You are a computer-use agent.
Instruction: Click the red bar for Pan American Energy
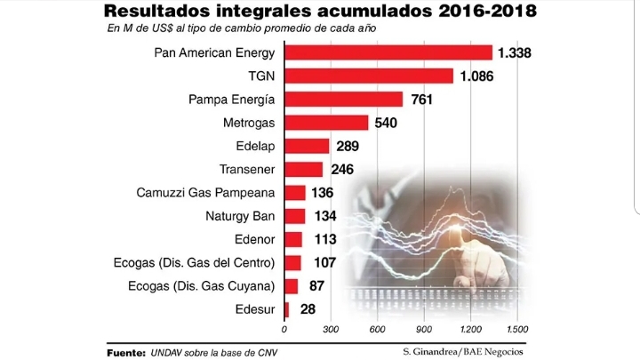(388, 52)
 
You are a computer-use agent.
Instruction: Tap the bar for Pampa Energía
(343, 99)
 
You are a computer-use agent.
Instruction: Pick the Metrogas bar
(325, 123)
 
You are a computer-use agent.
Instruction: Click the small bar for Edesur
(286, 308)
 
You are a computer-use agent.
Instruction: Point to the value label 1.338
(515, 53)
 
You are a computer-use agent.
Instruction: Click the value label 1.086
(476, 76)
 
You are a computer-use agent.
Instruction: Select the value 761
(422, 100)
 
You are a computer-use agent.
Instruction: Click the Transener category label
(246, 169)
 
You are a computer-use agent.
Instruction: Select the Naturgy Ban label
(241, 215)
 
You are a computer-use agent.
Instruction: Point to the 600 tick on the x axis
(377, 328)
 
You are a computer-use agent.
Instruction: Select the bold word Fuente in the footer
(125, 352)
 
